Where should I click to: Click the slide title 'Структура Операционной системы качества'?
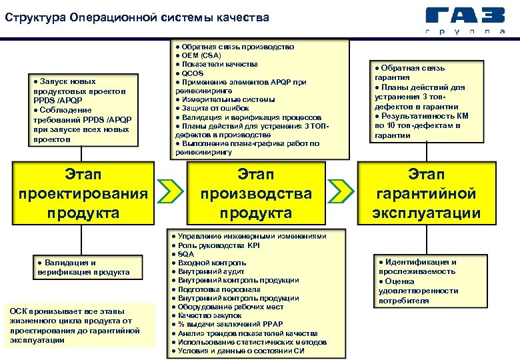(x=137, y=17)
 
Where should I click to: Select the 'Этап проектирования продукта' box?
(x=83, y=194)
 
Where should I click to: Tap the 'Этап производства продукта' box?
(x=257, y=194)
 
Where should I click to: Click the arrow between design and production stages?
(x=172, y=191)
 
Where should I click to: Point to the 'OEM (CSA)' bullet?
(x=200, y=55)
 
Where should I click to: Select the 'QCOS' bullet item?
(x=193, y=73)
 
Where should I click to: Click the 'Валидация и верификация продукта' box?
(x=83, y=267)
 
